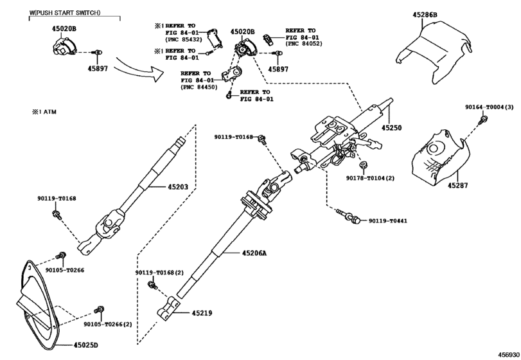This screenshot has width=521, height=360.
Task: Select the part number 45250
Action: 391,128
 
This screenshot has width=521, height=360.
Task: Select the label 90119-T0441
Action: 387,221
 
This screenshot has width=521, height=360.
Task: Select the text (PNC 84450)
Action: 199,86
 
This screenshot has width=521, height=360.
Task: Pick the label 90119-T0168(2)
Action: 159,273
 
